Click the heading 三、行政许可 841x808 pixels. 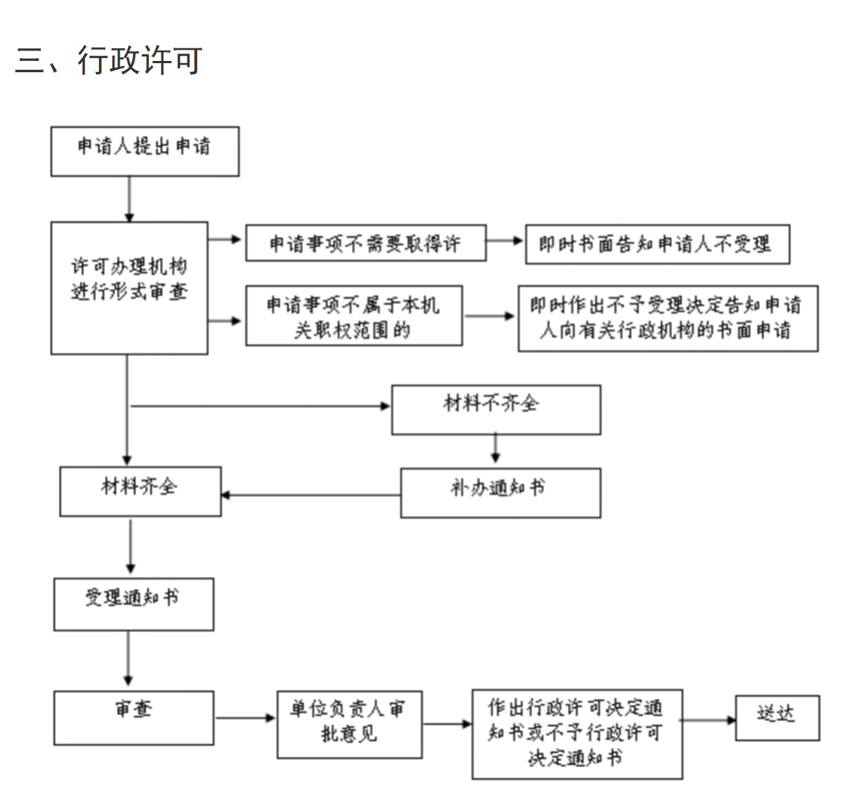point(109,60)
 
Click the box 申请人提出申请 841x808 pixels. point(144,151)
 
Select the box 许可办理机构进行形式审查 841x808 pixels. point(129,287)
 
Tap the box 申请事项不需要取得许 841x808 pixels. point(365,243)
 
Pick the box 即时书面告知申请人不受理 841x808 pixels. point(657,245)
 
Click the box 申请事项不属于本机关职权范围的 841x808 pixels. point(353,316)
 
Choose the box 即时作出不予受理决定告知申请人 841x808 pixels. point(667,318)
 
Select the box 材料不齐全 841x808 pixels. point(495,409)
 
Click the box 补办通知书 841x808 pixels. point(500,492)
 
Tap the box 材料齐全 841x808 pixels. point(140,491)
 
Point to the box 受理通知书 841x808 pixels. point(133,604)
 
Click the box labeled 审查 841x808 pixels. point(133,717)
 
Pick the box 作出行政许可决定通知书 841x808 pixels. point(576,733)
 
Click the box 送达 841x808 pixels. point(777,717)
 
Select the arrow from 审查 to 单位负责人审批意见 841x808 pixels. point(245,718)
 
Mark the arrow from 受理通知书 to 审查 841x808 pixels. point(129,660)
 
